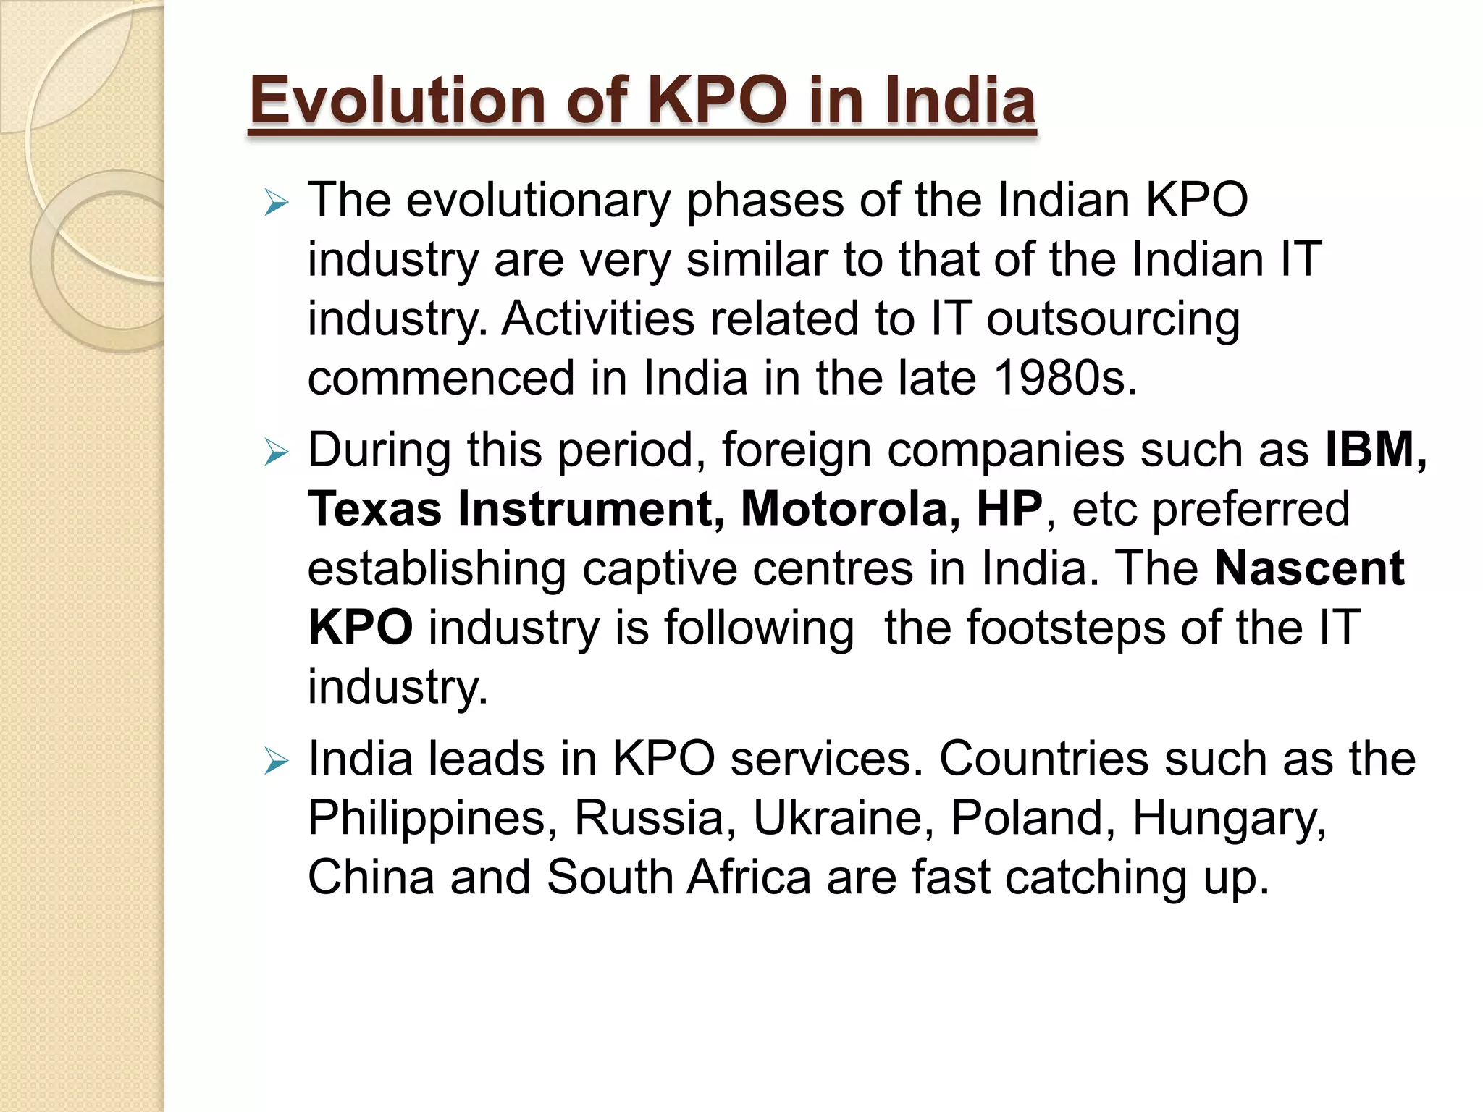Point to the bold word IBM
point(1369,450)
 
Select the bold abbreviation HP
point(1009,509)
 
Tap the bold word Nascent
point(1309,568)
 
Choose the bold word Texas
point(374,509)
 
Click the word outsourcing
point(1113,319)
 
